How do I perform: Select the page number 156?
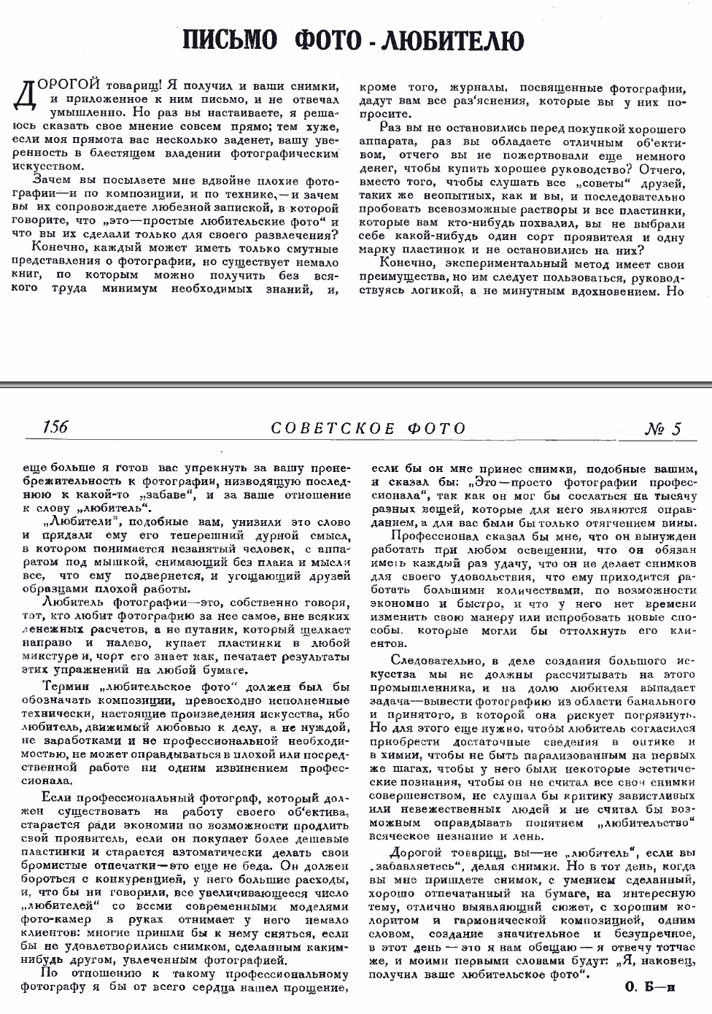55,427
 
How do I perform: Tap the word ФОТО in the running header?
436,428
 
